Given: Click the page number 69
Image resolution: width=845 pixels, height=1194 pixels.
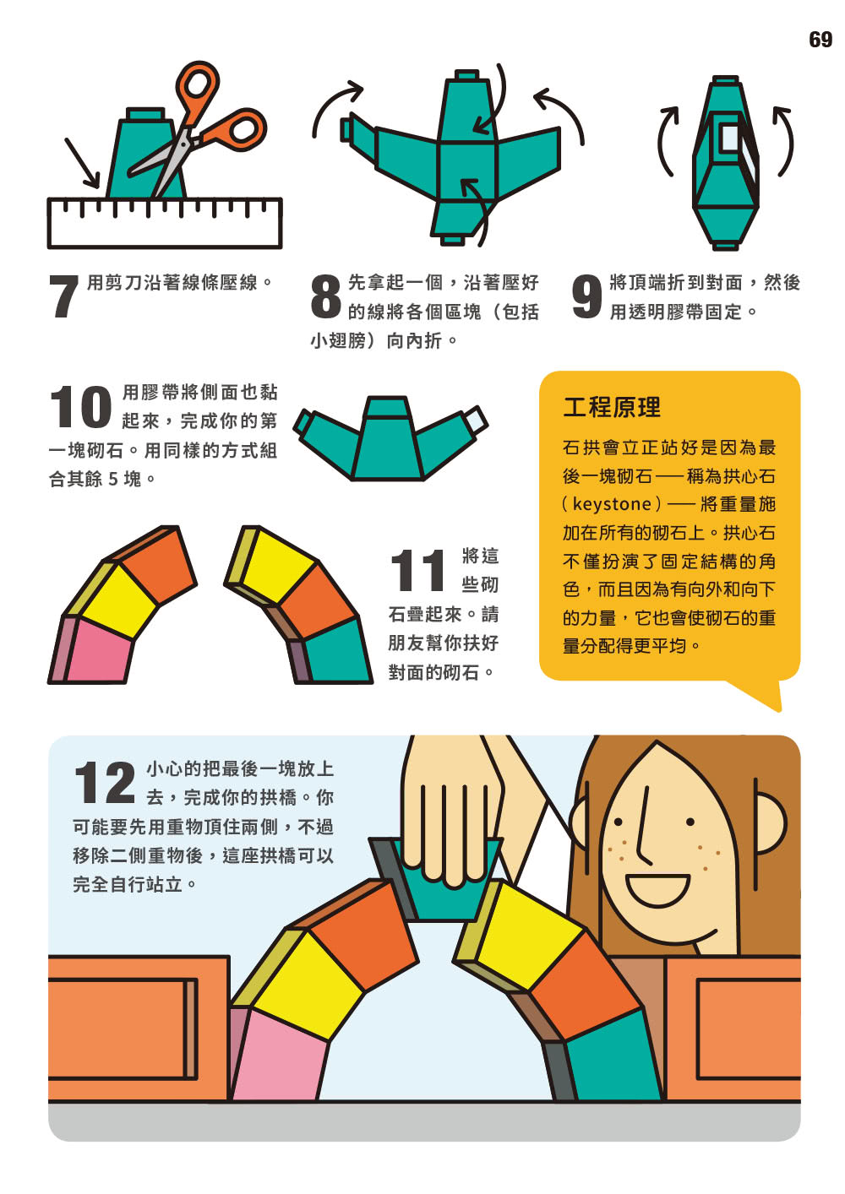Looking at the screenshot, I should click(820, 40).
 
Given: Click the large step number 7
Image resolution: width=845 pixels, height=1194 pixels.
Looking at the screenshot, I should click(63, 296).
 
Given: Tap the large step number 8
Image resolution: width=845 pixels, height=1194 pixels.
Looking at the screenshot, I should click(325, 296).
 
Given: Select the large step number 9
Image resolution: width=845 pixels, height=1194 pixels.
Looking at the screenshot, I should click(586, 296).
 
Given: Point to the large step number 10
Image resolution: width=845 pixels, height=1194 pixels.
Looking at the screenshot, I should click(80, 407).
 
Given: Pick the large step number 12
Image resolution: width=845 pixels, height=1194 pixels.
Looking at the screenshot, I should click(105, 783).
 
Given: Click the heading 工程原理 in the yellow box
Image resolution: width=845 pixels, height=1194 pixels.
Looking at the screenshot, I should click(612, 407).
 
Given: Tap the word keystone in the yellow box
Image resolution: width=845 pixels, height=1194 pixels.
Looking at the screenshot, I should click(612, 504).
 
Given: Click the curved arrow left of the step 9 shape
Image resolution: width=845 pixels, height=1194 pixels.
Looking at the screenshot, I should click(667, 140).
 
